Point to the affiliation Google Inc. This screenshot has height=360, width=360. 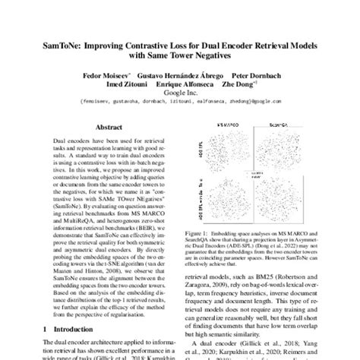point(180,99)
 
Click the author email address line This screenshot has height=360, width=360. point(180,108)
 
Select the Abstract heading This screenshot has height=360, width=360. point(106,129)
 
